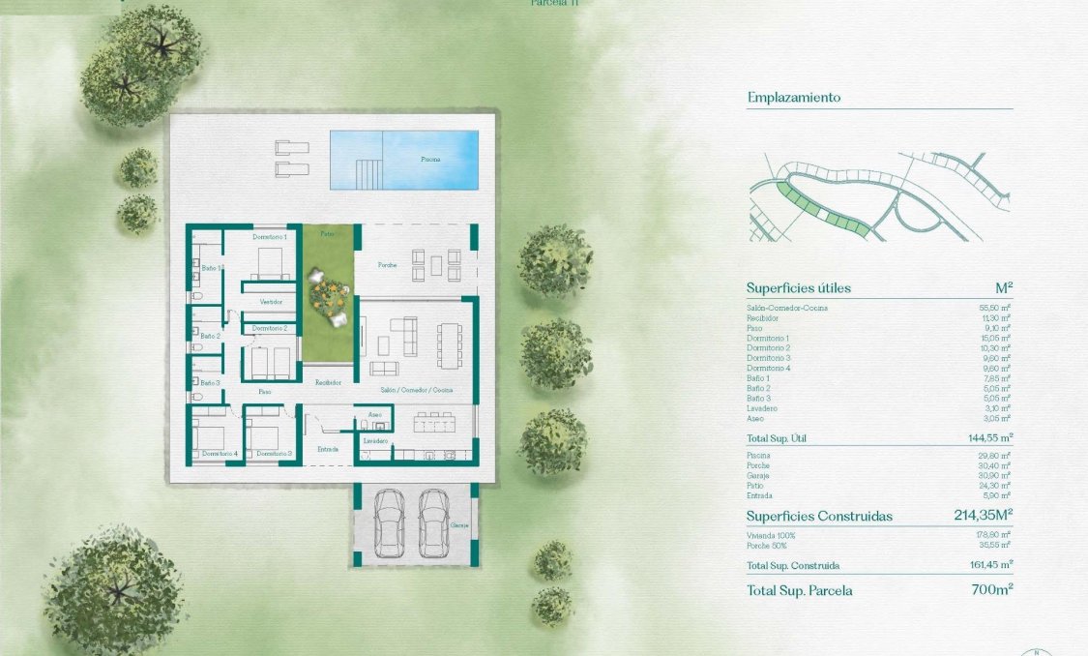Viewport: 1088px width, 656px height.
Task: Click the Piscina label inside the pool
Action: [430, 158]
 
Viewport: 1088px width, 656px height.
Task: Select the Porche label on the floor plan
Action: [387, 264]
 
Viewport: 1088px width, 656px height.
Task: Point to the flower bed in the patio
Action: [327, 289]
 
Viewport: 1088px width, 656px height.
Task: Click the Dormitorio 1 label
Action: [270, 237]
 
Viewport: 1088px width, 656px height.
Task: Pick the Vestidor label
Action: [271, 302]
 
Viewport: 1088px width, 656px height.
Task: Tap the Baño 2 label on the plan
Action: [210, 336]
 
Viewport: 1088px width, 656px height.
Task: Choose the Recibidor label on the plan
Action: [328, 383]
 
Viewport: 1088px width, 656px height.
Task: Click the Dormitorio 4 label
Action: [220, 453]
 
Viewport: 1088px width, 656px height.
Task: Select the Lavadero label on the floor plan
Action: [375, 441]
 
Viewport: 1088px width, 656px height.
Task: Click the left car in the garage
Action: [389, 522]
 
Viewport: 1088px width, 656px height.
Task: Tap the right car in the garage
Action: [433, 522]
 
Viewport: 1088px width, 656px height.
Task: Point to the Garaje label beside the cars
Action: [459, 525]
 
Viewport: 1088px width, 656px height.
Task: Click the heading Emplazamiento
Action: [794, 98]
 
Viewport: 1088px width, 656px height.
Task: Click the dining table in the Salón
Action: [450, 345]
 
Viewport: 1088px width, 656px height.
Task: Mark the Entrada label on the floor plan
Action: [328, 449]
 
